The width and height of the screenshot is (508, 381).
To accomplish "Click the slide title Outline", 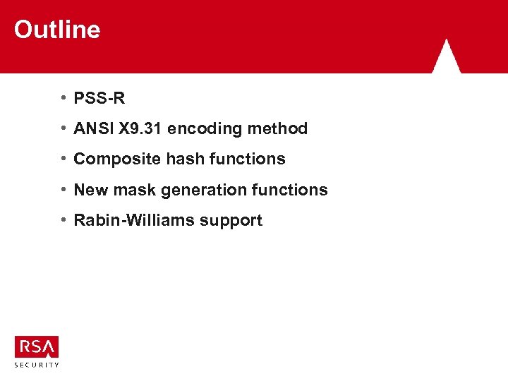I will pyautogui.click(x=57, y=30).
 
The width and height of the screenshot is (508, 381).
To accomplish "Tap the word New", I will pyautogui.click(x=90, y=190).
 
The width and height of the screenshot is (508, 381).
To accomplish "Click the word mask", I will pyautogui.click(x=130, y=190).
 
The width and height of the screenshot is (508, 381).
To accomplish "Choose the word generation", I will pyautogui.click(x=198, y=190).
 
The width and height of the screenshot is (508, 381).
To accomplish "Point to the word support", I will pyautogui.click(x=231, y=220).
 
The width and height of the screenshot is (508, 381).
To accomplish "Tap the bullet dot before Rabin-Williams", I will pyautogui.click(x=64, y=220).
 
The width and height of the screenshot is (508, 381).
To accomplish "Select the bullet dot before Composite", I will pyautogui.click(x=64, y=159).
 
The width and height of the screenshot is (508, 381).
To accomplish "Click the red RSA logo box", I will pyautogui.click(x=37, y=347).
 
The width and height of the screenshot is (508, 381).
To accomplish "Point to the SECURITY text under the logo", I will pyautogui.click(x=37, y=365).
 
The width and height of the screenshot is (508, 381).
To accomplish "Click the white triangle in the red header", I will pyautogui.click(x=446, y=58).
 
